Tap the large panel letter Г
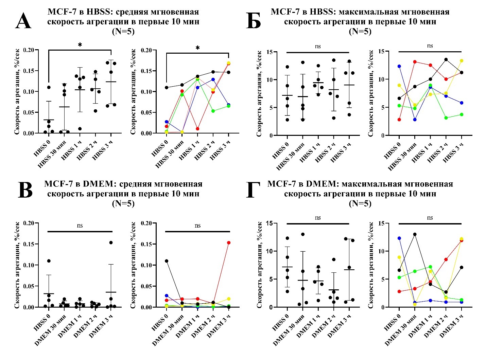253,191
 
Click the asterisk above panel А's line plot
197,48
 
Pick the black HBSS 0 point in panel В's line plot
167,261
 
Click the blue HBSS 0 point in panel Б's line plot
399,66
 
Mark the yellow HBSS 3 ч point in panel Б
462,61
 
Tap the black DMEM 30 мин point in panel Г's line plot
414,234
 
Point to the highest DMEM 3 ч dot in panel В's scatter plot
111,242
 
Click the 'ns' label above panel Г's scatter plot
318,218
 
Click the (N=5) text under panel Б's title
360,32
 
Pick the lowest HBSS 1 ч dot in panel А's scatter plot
80,129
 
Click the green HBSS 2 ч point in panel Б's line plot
446,118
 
